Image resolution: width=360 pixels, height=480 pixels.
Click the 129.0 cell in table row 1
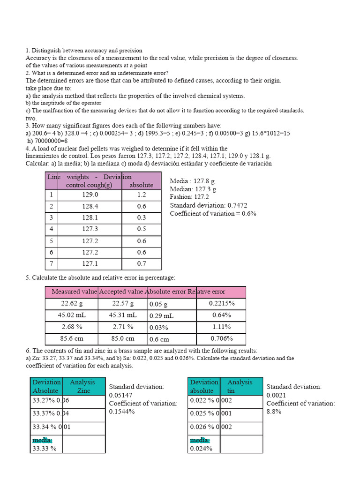point(90,195)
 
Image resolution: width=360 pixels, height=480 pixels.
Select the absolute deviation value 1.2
point(142,195)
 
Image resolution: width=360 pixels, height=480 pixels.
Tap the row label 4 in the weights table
point(51,229)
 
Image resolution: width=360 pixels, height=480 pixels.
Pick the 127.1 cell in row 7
point(90,263)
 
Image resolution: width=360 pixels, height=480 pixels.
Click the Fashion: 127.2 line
point(189,197)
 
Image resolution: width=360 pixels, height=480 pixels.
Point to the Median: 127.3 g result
point(193,189)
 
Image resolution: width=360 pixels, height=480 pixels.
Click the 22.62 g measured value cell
point(72,303)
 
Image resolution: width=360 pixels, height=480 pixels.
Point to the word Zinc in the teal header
point(83,390)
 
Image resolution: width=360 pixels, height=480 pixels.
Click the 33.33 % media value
point(44,448)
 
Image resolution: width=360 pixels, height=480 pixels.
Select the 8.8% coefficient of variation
point(274,412)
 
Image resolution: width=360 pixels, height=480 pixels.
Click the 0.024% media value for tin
point(201,448)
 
